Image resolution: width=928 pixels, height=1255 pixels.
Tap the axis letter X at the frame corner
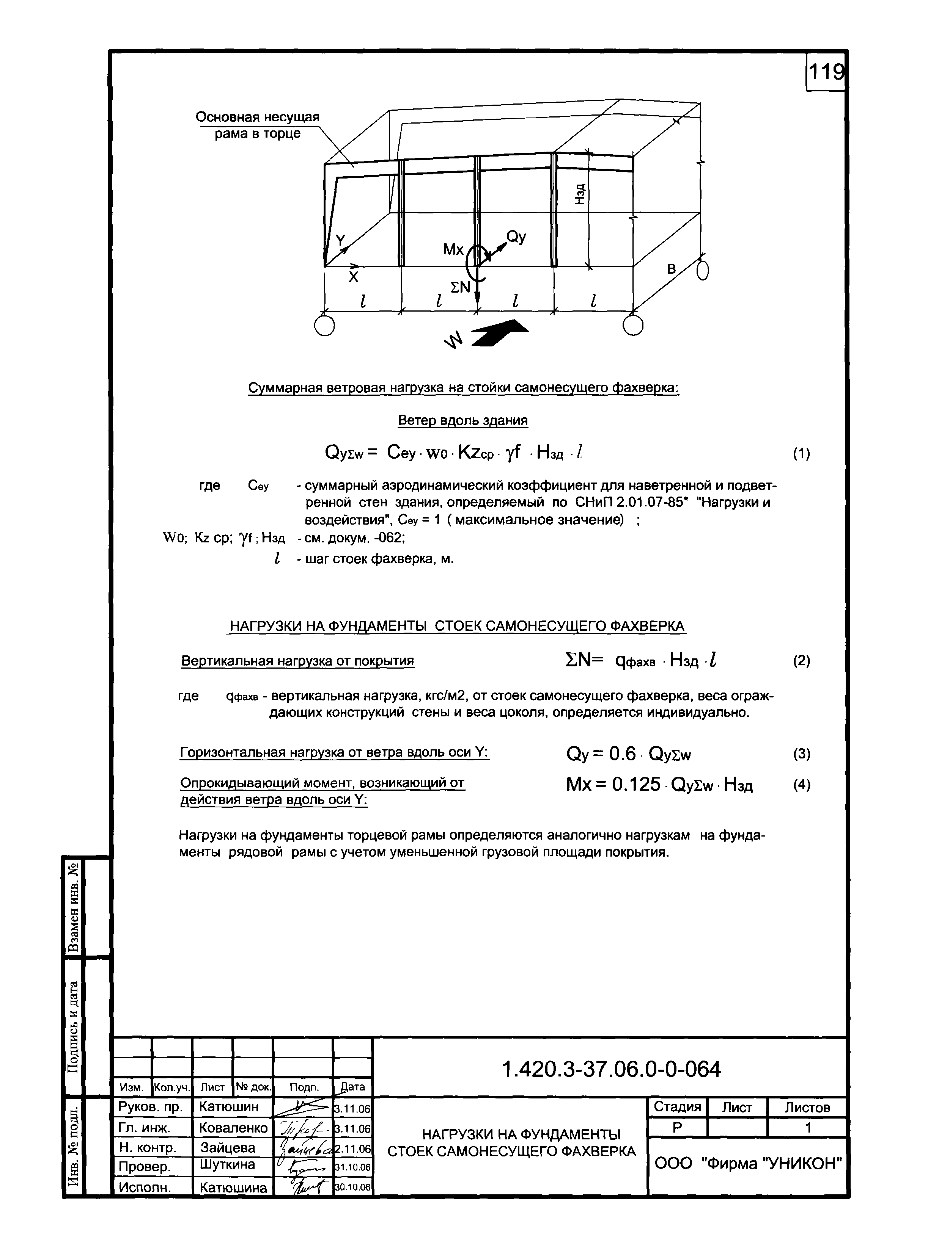pyautogui.click(x=353, y=277)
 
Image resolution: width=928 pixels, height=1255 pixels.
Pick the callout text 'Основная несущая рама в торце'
pyautogui.click(x=257, y=125)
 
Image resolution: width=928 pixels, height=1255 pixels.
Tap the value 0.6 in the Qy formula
pyautogui.click(x=622, y=754)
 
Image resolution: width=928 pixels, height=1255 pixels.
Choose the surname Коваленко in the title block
pyautogui.click(x=233, y=1128)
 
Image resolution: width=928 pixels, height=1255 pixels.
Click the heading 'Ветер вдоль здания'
pyautogui.click(x=462, y=420)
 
